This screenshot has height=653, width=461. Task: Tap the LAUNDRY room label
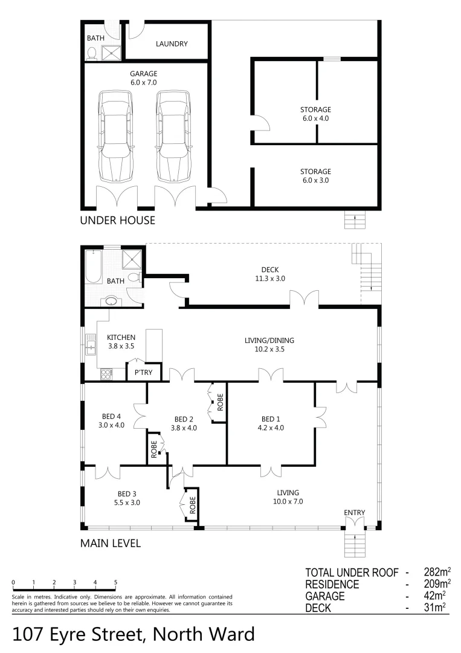coord(172,44)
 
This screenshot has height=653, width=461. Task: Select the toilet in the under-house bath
coord(92,54)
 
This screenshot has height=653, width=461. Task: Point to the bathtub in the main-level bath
coord(94,266)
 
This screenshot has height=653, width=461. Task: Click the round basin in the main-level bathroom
coord(111,300)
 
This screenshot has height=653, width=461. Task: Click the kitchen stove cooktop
coord(106,374)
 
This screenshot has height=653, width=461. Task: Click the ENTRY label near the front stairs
coord(355,513)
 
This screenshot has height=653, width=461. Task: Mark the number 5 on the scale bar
coord(115,583)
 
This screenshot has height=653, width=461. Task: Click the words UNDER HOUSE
coord(118,221)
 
